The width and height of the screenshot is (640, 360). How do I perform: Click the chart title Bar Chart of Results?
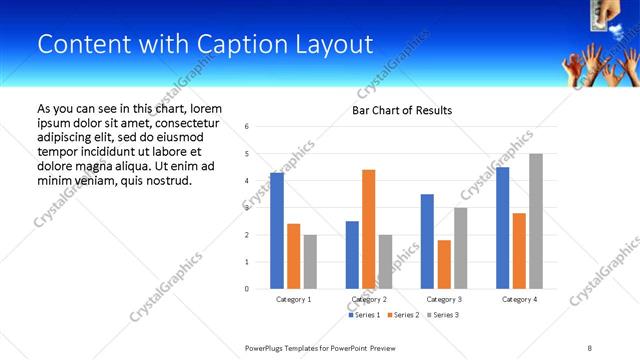(x=402, y=110)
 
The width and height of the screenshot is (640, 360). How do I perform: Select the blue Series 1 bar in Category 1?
(x=277, y=231)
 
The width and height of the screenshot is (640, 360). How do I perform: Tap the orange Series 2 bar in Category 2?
(x=368, y=229)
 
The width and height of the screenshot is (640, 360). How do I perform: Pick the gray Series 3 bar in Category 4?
(x=535, y=221)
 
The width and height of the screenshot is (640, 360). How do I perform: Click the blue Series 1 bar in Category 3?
(x=427, y=241)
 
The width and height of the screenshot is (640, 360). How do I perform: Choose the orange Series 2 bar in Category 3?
(x=444, y=264)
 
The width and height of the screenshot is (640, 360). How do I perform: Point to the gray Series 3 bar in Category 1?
(x=310, y=261)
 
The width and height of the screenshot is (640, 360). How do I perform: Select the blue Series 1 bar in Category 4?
(x=502, y=227)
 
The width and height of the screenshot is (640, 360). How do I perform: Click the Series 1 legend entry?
(x=364, y=315)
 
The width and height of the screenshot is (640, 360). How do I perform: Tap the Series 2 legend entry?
(x=403, y=315)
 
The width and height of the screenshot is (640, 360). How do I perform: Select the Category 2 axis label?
(x=368, y=299)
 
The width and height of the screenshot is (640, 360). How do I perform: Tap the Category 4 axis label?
(x=518, y=299)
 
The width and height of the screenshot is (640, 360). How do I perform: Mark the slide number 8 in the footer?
(x=589, y=348)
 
